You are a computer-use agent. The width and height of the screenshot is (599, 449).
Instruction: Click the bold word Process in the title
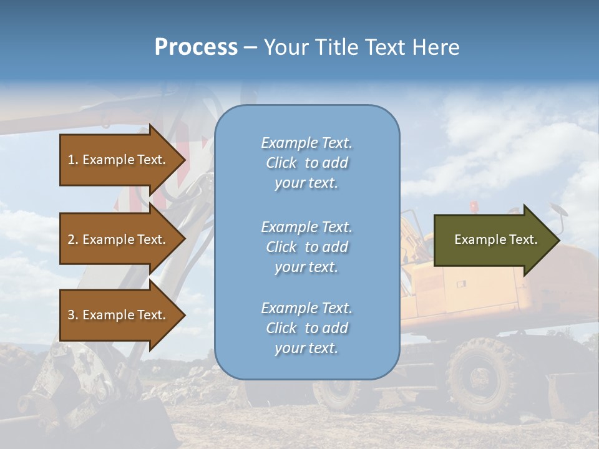pyautogui.click(x=196, y=47)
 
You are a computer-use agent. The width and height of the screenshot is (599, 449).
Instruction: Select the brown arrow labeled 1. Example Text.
pyautogui.click(x=122, y=160)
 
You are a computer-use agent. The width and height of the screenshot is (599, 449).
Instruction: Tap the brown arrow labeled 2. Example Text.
pyautogui.click(x=122, y=239)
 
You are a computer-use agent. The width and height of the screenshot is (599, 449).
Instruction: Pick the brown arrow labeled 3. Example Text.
pyautogui.click(x=122, y=315)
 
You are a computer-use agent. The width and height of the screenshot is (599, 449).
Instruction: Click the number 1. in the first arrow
pyautogui.click(x=72, y=160)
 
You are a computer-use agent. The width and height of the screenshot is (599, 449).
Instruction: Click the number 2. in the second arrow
pyautogui.click(x=72, y=239)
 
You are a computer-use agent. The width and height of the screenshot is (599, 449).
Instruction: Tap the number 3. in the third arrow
pyautogui.click(x=72, y=315)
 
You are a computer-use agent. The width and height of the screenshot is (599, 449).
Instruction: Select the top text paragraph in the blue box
pyautogui.click(x=306, y=163)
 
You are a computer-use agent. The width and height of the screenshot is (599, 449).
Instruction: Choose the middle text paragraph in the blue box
pyautogui.click(x=306, y=247)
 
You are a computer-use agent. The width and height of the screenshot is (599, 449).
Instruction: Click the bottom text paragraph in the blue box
pyautogui.click(x=306, y=328)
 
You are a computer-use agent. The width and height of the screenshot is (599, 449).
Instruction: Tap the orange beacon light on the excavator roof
pyautogui.click(x=474, y=205)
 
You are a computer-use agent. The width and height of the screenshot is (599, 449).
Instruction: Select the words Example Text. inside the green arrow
pyautogui.click(x=495, y=239)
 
